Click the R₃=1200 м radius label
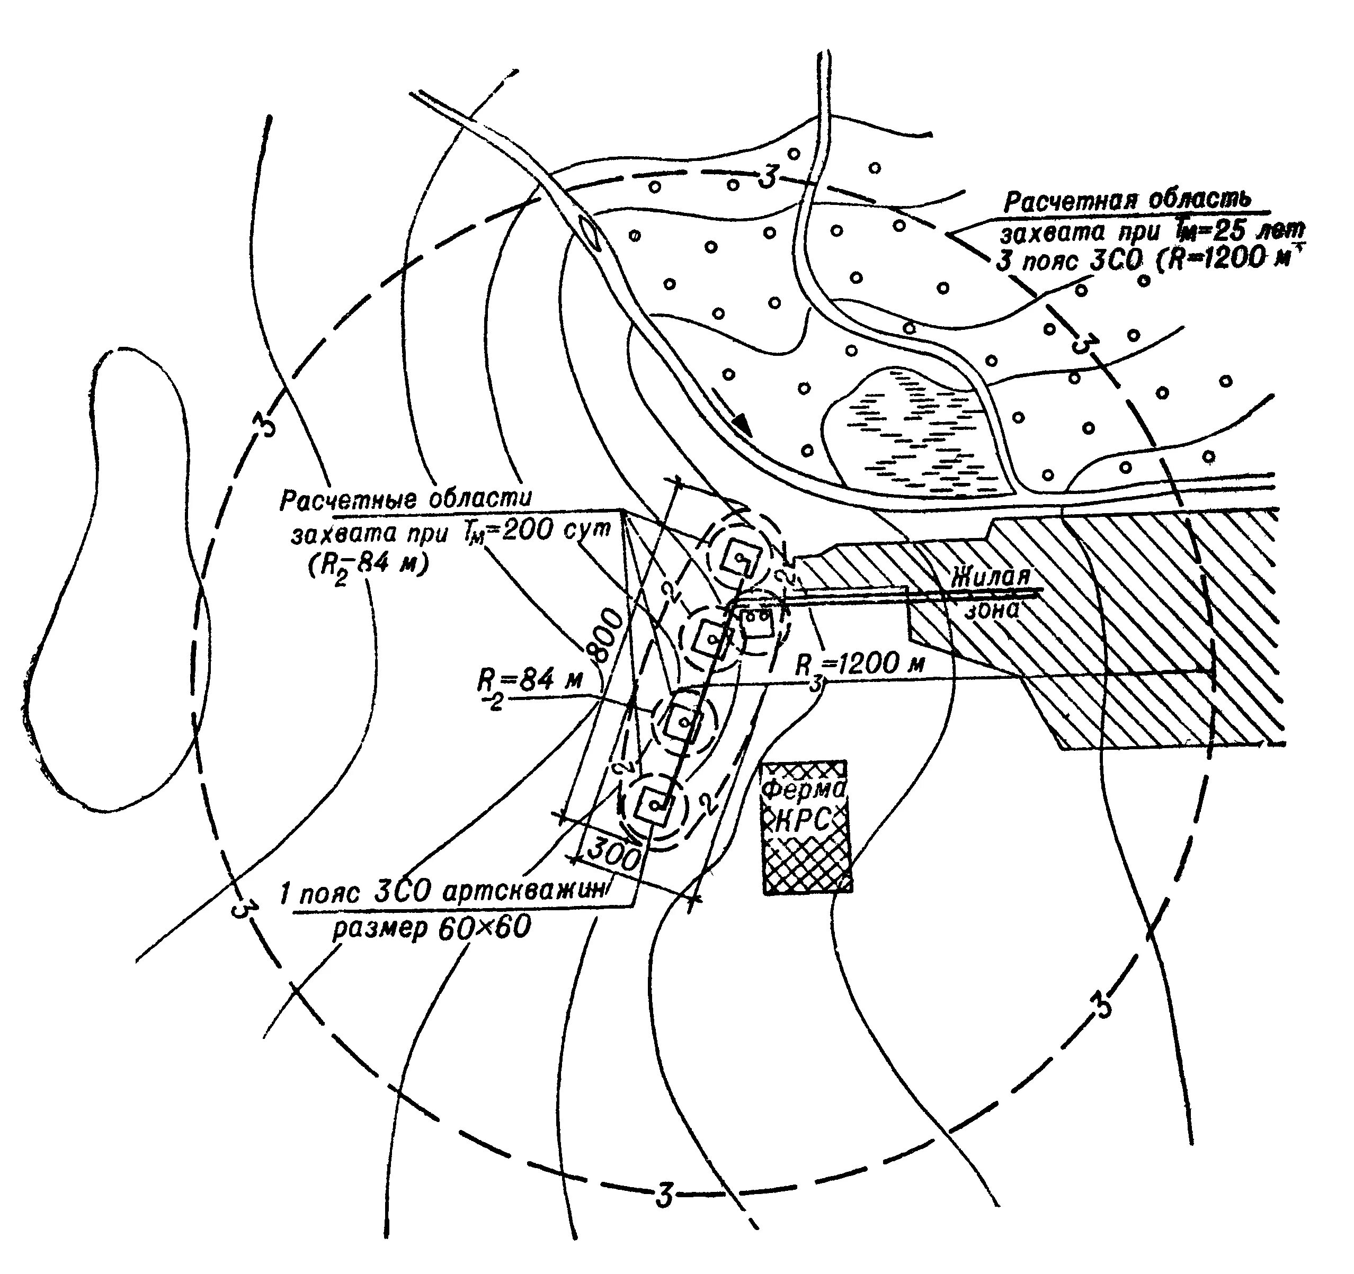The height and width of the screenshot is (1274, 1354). [860, 665]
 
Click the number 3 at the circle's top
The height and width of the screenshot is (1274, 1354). [768, 178]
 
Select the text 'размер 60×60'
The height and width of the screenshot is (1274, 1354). [431, 929]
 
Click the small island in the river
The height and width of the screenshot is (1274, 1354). [587, 234]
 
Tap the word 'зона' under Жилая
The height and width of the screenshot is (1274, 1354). [993, 608]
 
